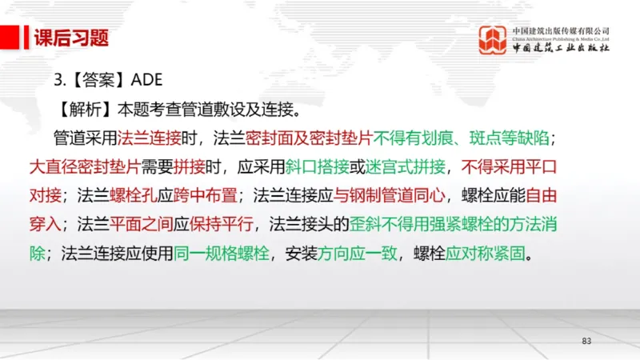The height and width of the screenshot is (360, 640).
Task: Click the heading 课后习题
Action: click(x=71, y=38)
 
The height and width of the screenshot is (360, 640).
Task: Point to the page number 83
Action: click(x=586, y=342)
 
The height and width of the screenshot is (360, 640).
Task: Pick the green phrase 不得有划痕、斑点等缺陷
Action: click(x=460, y=138)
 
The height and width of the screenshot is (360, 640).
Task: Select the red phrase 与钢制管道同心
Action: click(x=382, y=195)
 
